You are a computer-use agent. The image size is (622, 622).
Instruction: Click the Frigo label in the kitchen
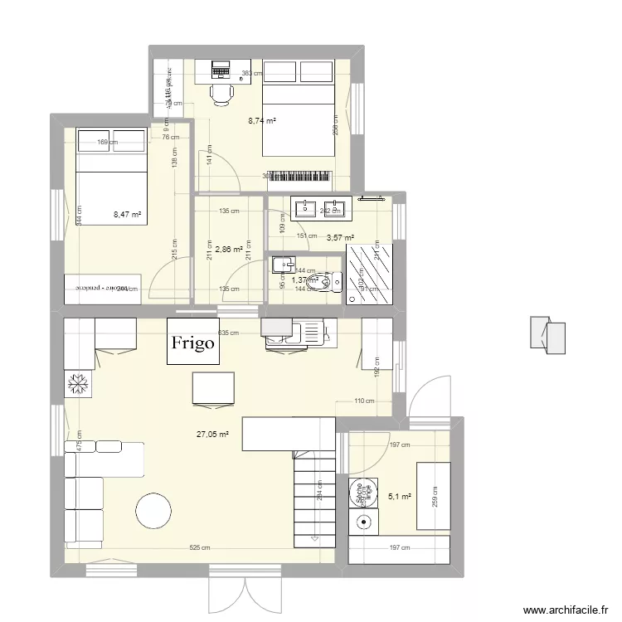(194, 342)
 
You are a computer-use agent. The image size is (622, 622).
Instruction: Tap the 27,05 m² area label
(211, 433)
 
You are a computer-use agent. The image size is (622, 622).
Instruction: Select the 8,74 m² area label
(262, 120)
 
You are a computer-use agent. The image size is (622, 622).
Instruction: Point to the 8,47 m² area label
(127, 215)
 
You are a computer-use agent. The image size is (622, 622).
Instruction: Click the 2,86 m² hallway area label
(228, 248)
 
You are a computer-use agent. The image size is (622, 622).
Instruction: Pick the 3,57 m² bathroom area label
(340, 238)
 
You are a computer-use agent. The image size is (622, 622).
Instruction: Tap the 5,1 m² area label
(400, 497)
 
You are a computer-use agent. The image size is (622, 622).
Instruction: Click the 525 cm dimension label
(199, 547)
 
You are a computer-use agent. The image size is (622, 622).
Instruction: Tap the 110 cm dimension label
(365, 401)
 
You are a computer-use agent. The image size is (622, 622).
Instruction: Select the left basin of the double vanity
(308, 207)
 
